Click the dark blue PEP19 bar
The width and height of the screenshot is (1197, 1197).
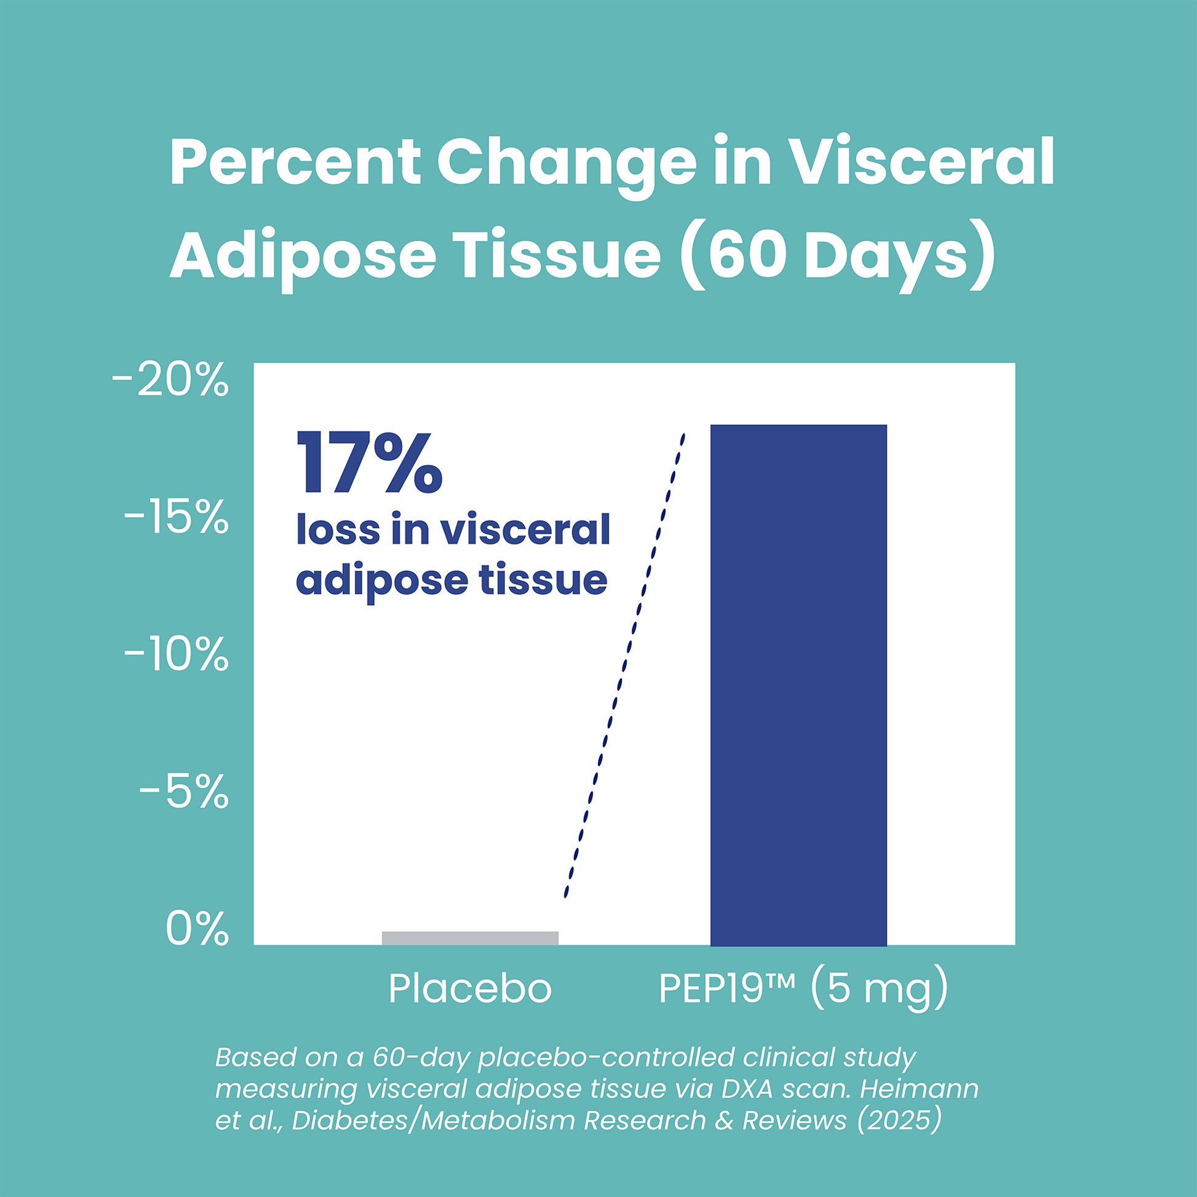(x=798, y=685)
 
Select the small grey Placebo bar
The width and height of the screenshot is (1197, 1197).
(x=469, y=938)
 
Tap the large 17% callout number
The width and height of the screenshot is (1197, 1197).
(x=369, y=463)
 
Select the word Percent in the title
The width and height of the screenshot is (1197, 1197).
(x=293, y=162)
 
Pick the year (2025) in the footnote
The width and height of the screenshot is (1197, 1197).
(x=899, y=1120)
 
